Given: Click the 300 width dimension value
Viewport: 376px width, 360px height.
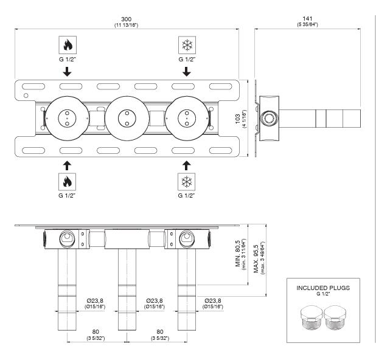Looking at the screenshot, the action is click(126, 19).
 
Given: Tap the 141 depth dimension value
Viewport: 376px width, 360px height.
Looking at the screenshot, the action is click(307, 18).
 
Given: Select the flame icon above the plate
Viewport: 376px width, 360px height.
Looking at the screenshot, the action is click(68, 45).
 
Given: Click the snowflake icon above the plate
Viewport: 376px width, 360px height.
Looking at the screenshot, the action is click(187, 45).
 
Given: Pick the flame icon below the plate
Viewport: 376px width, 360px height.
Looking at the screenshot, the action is click(67, 182).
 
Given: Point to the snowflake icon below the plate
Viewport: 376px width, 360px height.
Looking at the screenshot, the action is click(187, 182).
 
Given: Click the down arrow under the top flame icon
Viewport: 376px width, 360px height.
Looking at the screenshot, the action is click(67, 72).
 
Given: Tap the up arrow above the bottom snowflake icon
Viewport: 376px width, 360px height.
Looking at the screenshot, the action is click(186, 165).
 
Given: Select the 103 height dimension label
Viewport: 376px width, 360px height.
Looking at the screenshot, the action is click(238, 119).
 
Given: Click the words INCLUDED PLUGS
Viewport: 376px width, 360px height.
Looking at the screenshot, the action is click(323, 288).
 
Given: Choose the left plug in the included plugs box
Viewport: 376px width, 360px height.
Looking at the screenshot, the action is click(312, 317).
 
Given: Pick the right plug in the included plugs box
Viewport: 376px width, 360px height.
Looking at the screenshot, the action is click(335, 317).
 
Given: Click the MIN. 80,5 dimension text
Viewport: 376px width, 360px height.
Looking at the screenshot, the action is click(238, 254).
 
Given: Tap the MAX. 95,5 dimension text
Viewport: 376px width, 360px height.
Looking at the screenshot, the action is click(256, 258).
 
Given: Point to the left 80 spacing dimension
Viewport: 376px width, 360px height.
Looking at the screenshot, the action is click(96, 331).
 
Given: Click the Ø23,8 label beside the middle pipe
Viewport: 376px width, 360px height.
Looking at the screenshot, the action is click(155, 300).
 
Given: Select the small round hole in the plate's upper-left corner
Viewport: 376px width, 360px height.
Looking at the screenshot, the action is click(26, 95).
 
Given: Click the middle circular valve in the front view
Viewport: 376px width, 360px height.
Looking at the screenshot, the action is click(127, 119).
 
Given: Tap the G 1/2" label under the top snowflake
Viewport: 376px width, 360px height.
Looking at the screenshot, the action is click(187, 59).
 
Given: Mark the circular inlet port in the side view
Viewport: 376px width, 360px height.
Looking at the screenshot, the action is click(270, 119).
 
